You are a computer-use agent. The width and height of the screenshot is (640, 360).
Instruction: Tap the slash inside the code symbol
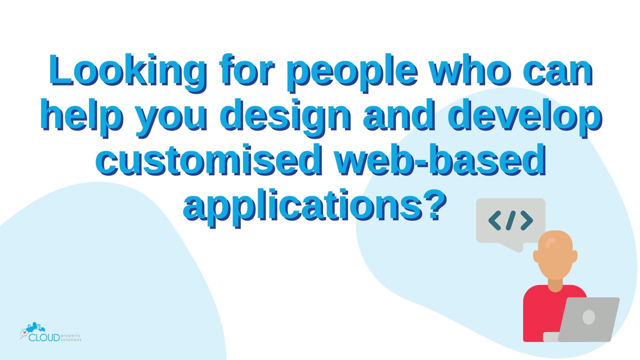click(x=511, y=220)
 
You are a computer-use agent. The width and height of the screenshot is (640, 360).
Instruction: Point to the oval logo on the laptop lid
click(x=589, y=317)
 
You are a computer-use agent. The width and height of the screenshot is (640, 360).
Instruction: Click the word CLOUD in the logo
click(x=44, y=338)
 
